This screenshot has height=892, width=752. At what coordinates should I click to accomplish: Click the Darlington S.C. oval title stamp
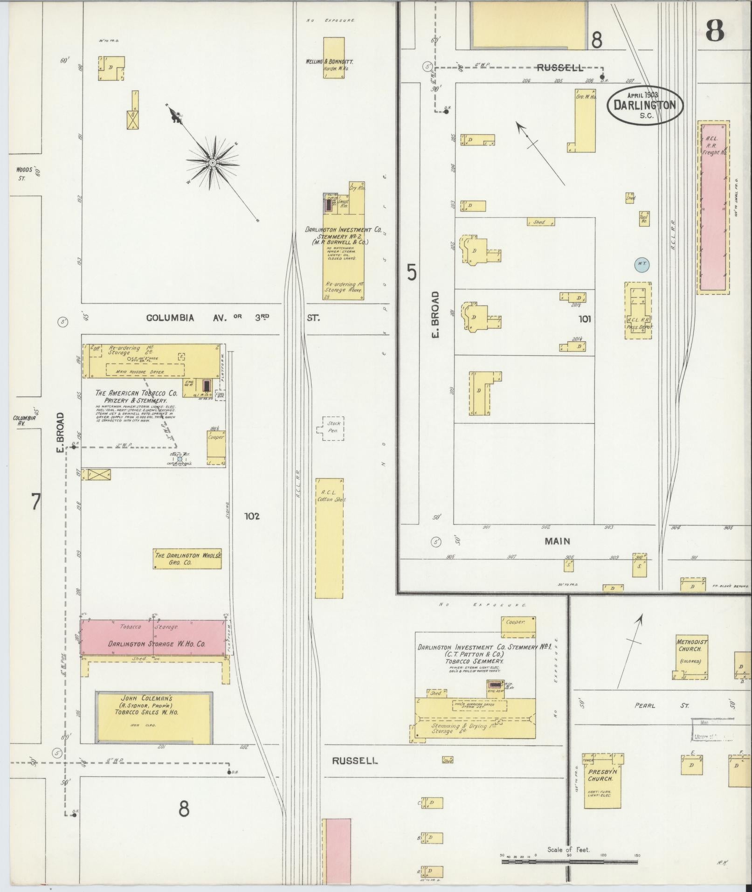(x=645, y=105)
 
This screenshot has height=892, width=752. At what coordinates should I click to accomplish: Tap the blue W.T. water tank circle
(x=642, y=264)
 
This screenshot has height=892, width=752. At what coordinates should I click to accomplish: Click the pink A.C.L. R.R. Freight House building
(x=713, y=207)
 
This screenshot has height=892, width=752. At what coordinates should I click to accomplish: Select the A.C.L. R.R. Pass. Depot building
(x=638, y=310)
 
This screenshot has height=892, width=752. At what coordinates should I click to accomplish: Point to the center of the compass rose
(x=213, y=163)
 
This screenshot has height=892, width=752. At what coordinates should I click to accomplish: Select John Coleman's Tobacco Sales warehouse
(x=154, y=717)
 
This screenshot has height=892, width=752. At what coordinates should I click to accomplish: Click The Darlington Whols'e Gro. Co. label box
(x=187, y=559)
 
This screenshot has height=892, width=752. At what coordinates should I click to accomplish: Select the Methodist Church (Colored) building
(x=692, y=655)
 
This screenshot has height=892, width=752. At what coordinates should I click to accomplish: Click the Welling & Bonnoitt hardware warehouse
(x=334, y=57)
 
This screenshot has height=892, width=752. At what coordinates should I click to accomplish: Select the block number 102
(x=252, y=516)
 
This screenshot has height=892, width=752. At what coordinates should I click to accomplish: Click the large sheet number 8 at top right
(x=714, y=30)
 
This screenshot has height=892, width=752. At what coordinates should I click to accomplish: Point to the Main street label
(x=557, y=541)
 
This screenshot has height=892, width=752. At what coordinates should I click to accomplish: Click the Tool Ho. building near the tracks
(x=644, y=218)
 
